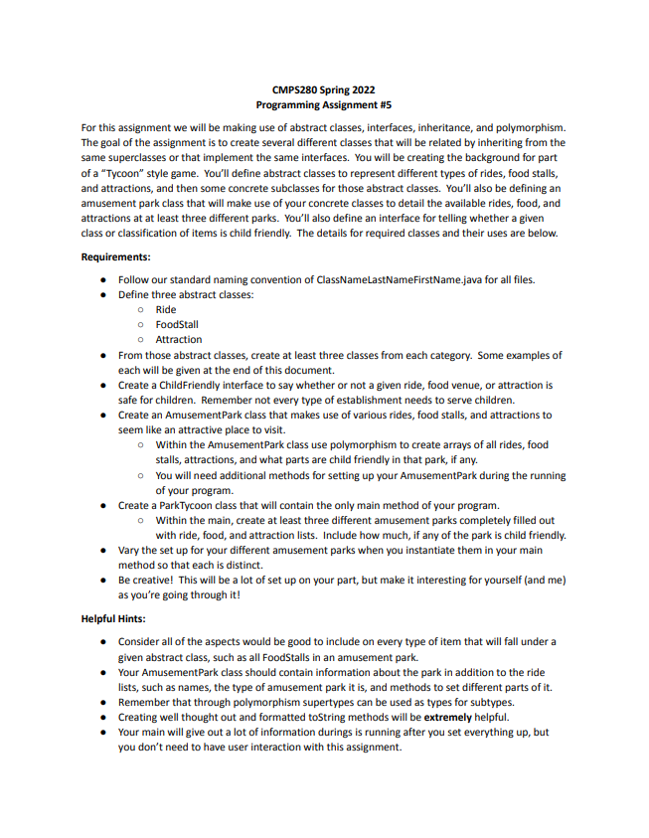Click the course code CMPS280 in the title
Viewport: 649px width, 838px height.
295,89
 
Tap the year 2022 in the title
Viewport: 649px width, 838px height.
363,89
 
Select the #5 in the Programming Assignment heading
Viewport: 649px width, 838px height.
384,103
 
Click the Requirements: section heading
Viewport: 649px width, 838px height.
115,256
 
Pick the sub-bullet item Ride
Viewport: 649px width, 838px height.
166,309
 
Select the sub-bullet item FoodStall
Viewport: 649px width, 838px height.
177,324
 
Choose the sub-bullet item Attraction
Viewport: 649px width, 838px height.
179,339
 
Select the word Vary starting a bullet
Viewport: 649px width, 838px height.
129,550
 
